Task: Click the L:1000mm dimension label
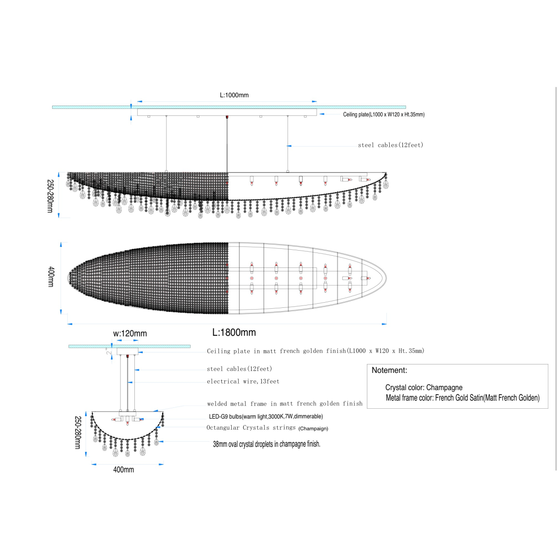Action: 234,95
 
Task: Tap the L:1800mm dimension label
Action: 234,332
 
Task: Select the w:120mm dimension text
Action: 130,333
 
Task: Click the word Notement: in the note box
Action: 389,370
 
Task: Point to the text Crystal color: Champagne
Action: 424,387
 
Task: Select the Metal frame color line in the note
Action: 463,398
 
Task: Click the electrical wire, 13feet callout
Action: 243,381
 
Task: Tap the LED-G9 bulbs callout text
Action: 266,416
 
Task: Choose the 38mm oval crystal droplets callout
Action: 266,444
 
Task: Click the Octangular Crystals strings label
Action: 251,427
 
